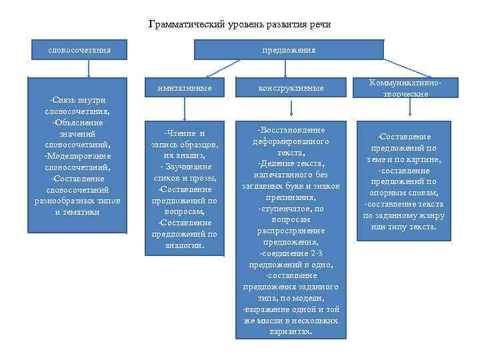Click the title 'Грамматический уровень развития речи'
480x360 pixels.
[x=239, y=25]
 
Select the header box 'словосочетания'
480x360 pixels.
[x=79, y=50]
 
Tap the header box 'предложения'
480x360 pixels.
[x=289, y=50]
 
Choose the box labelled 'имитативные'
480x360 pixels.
[x=185, y=88]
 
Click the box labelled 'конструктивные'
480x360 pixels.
[x=291, y=88]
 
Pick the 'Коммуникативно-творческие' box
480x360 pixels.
[x=399, y=88]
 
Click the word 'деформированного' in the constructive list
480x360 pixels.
[x=291, y=142]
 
